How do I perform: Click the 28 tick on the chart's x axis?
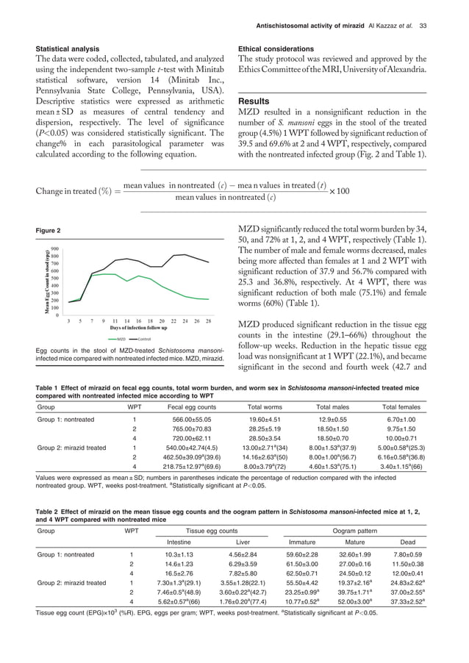(x=209, y=322)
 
